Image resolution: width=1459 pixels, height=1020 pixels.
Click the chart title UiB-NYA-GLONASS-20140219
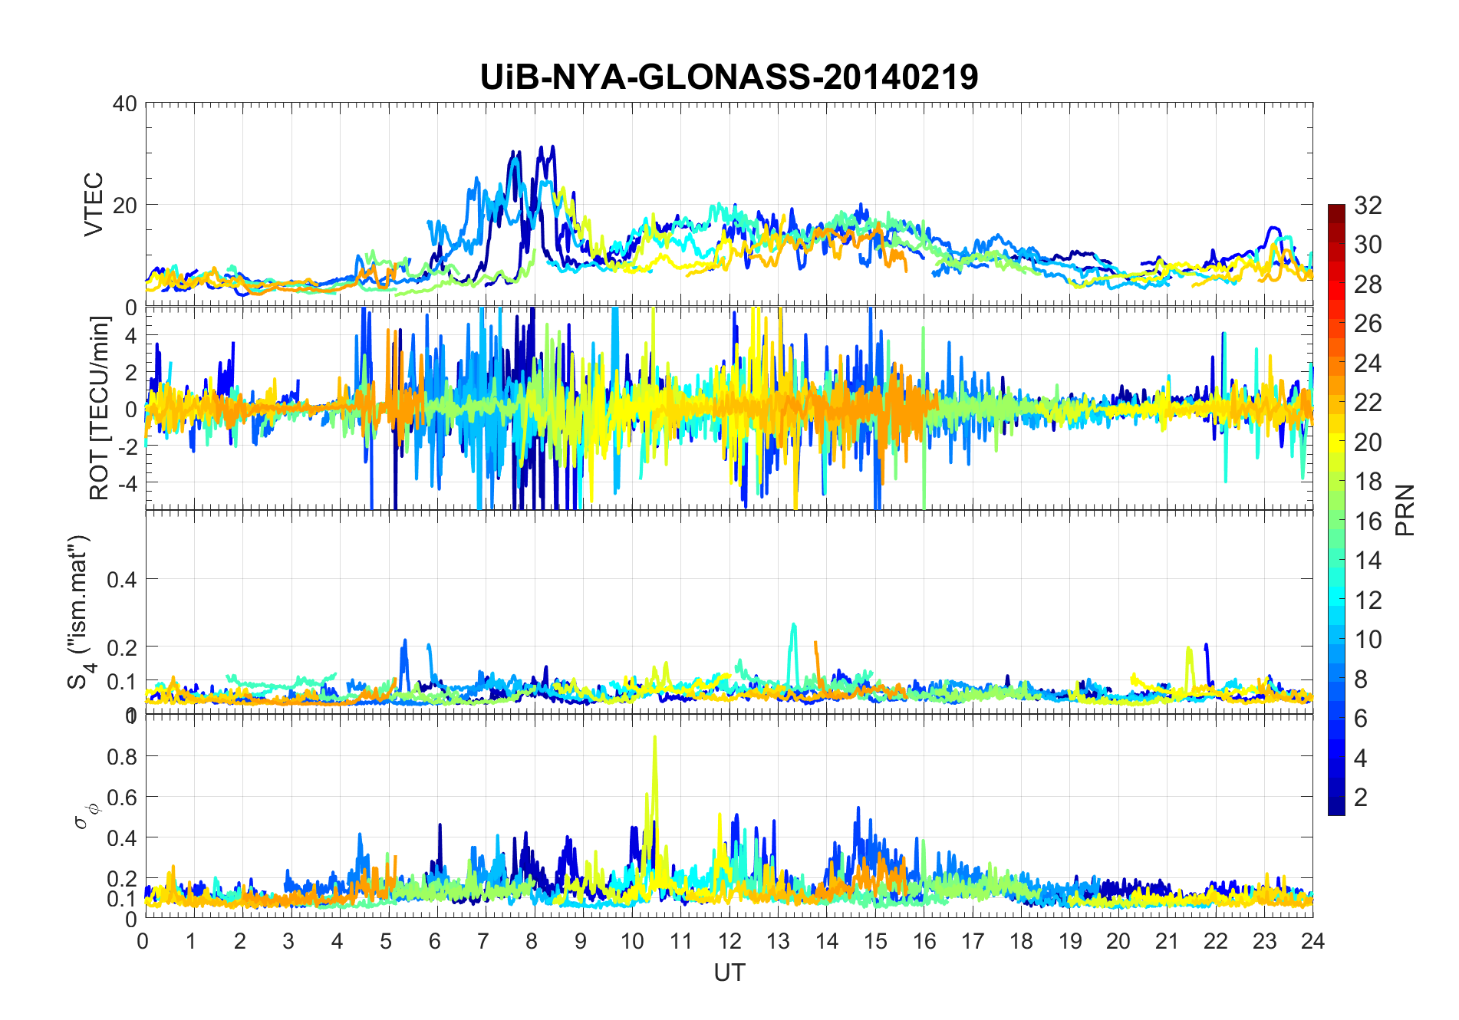(x=729, y=77)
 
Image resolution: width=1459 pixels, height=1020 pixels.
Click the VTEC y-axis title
(x=94, y=204)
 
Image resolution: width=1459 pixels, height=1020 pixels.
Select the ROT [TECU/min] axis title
(x=100, y=408)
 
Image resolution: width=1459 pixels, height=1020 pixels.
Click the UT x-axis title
(x=729, y=973)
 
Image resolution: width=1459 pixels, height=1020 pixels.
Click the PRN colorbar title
(x=1405, y=510)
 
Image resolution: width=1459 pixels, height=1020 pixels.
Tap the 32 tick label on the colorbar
(x=1368, y=206)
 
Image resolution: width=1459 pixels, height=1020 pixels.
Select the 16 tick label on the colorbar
(x=1368, y=522)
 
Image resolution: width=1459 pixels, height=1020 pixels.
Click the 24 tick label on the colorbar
(x=1368, y=364)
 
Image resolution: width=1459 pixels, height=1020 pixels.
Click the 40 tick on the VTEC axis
(x=125, y=104)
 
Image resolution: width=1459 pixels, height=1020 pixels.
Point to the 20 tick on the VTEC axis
(x=125, y=205)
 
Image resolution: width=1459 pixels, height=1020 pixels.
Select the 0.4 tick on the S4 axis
(x=122, y=579)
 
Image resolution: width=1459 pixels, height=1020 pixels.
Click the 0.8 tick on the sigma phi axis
(x=122, y=757)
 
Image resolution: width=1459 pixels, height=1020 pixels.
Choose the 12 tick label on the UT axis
(x=729, y=941)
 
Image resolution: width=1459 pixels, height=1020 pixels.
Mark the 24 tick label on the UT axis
(x=1312, y=941)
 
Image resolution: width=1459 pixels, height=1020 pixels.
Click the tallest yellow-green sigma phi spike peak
(x=654, y=738)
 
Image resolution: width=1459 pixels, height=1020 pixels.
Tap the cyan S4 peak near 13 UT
(x=793, y=625)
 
